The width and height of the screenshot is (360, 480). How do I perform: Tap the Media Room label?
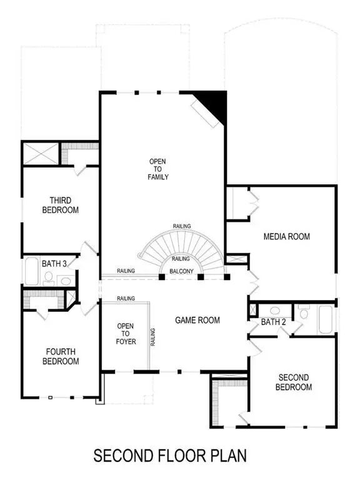point(286,236)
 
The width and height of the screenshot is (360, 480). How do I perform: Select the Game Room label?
point(197,320)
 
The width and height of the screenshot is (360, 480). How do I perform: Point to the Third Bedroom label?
point(61,206)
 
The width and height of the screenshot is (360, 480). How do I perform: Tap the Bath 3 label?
point(54,263)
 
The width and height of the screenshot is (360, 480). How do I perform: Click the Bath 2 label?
point(273,322)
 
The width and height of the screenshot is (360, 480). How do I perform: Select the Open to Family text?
point(158,169)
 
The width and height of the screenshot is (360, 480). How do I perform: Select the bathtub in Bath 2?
point(326,319)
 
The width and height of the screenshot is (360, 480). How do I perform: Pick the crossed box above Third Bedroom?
point(41,153)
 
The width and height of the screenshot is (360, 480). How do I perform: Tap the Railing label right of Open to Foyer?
point(152,337)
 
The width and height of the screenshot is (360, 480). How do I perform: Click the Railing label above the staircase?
point(182,226)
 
